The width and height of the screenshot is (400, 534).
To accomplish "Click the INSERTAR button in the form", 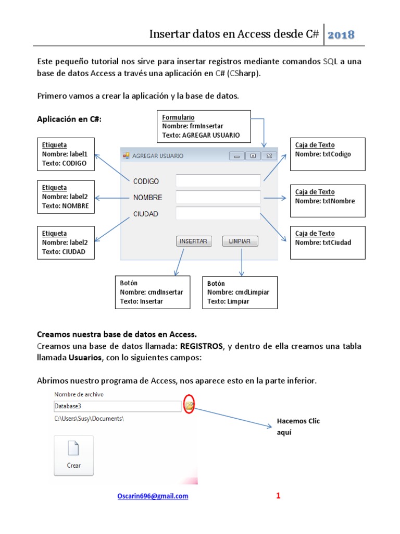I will pos(194,241).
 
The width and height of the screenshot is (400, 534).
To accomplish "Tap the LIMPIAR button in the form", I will pos(240,241).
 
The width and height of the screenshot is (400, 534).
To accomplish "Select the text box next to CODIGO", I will pos(218,180).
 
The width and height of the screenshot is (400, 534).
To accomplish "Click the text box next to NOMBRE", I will pos(218,197).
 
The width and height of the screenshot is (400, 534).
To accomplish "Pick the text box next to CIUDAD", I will pos(218,213).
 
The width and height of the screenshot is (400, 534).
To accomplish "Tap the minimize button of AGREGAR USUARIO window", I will pos(237,155).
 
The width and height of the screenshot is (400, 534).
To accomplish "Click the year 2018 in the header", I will pos(341,35).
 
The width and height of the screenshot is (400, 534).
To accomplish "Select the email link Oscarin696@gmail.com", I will pos(152,496).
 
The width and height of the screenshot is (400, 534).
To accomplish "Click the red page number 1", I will pos(278,496).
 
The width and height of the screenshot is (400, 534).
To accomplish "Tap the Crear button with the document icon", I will pos(73,455).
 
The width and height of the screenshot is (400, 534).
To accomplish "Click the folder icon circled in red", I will pos(190,405).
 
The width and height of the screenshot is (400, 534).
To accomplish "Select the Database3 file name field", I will pos(117,406).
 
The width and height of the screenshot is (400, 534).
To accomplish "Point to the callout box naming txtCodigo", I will pos(328,154).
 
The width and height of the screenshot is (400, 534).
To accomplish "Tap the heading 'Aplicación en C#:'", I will pos(69,119).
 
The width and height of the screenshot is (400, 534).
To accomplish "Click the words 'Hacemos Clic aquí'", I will pos(298,426).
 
